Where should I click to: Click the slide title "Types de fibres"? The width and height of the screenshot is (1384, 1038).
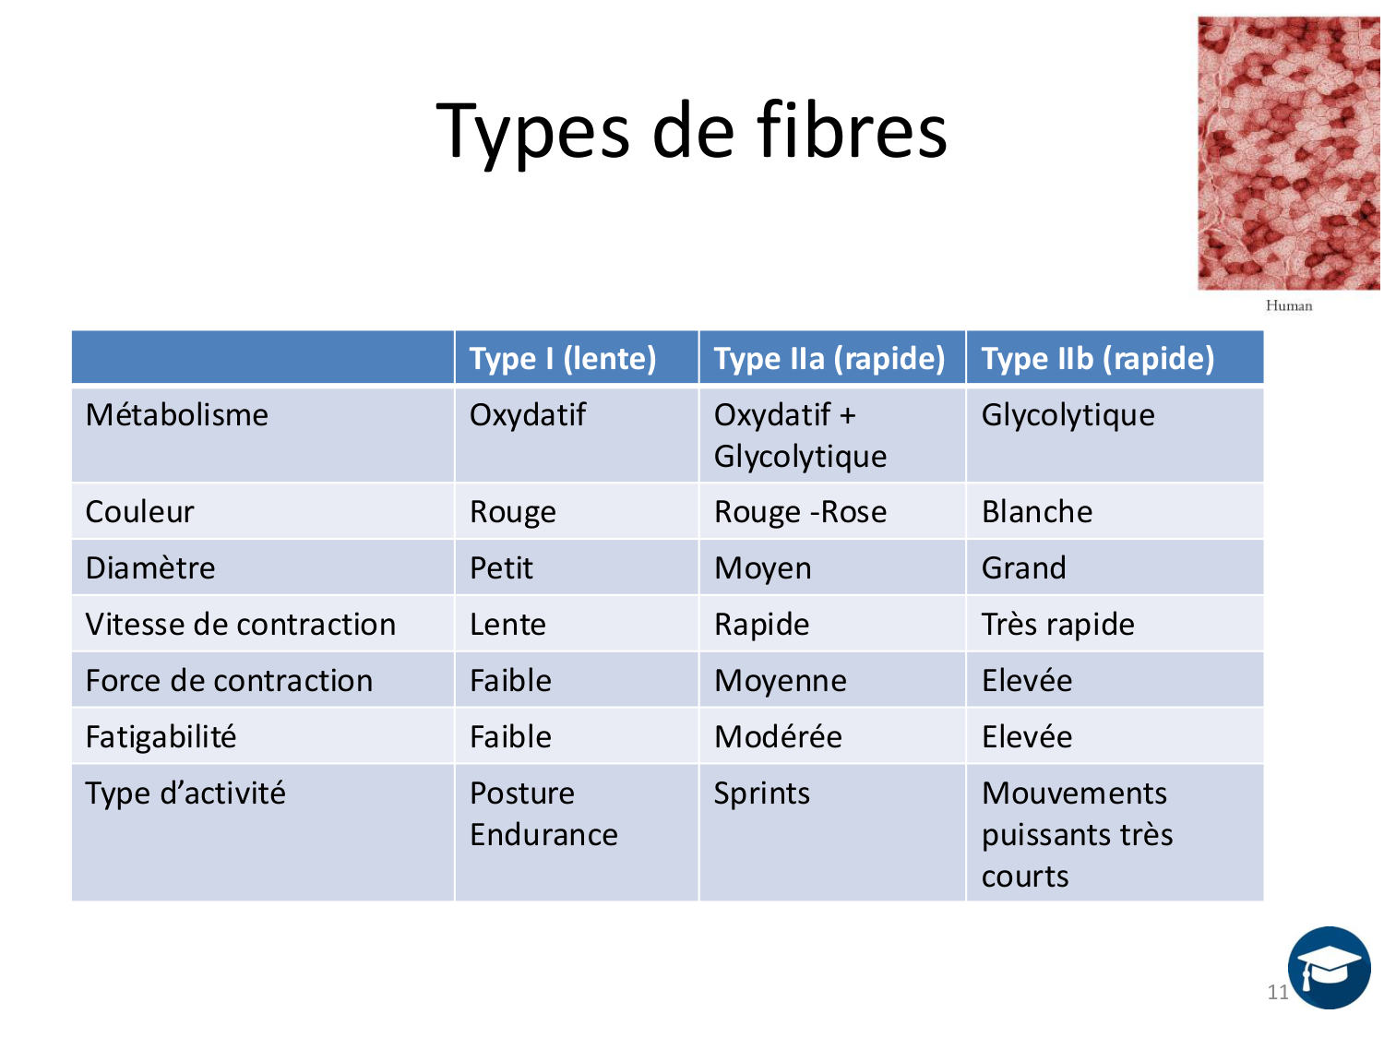[x=691, y=131]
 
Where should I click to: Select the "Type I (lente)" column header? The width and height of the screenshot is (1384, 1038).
[x=562, y=358]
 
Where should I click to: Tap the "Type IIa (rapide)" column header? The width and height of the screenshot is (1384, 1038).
[x=829, y=358]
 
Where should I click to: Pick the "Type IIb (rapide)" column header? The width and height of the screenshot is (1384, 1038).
[x=1097, y=358]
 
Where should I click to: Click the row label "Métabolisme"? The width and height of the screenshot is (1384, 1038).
[x=176, y=415]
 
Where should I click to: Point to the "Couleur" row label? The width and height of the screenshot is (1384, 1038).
[x=139, y=512]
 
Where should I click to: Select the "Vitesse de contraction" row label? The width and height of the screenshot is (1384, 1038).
[x=240, y=625]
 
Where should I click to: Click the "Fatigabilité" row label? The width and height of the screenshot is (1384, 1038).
[x=161, y=737]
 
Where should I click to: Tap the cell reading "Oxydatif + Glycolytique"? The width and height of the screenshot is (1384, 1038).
[x=800, y=435]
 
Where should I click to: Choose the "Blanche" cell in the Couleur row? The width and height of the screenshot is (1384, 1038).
[x=1036, y=512]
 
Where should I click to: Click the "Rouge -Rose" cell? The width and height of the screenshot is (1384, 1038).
[x=800, y=512]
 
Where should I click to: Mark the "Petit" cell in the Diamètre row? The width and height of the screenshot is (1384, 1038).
[x=501, y=568]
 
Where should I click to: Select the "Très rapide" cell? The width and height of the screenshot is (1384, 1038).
[x=1057, y=625]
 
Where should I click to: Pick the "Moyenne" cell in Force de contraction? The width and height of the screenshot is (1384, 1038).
[x=780, y=681]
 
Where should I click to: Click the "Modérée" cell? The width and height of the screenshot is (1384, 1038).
[x=778, y=737]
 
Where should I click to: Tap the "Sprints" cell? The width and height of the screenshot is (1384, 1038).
[x=761, y=793]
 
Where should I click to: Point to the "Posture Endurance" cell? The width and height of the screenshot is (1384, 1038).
[x=543, y=814]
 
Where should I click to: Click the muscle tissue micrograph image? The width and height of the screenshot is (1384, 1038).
[x=1288, y=153]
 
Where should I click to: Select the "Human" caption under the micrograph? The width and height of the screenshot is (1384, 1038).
[x=1288, y=305]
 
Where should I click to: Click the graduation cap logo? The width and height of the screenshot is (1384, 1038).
[x=1329, y=968]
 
